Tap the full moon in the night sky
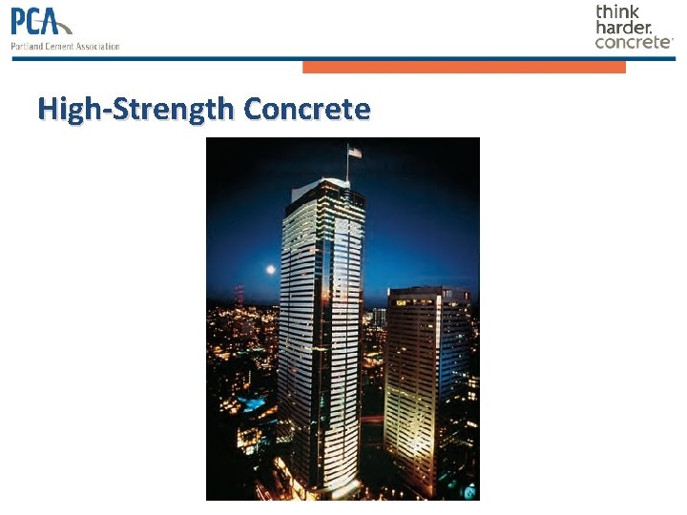(x=270, y=270)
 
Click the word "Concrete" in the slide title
(x=306, y=109)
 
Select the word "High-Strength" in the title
(x=135, y=109)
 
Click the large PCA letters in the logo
(x=36, y=21)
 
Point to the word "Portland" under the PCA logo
(x=26, y=45)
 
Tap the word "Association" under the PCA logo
(x=95, y=45)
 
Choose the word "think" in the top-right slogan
(x=617, y=11)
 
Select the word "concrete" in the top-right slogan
(x=633, y=42)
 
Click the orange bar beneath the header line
(x=464, y=67)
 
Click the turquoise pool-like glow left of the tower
(x=254, y=404)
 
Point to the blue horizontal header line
(x=343, y=58)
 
